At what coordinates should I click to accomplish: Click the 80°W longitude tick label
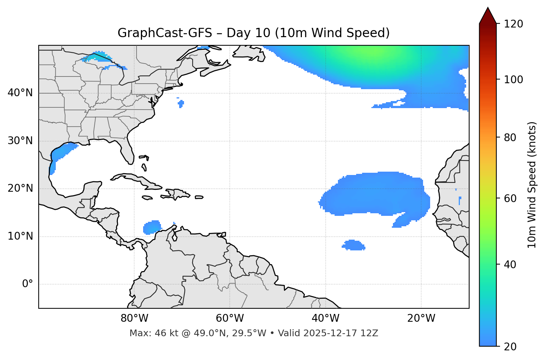point(134,318)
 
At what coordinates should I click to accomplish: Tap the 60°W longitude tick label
point(230,318)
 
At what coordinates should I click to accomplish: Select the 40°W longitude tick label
point(325,318)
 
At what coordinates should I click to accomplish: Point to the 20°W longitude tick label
point(421,318)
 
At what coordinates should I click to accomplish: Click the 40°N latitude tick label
point(20,93)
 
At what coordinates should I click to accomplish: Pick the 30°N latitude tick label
point(20,141)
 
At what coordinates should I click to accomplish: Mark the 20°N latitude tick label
point(20,189)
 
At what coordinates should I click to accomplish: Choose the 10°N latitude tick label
point(20,236)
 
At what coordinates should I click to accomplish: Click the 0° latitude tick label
point(27,284)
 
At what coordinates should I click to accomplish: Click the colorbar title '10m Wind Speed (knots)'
point(532,185)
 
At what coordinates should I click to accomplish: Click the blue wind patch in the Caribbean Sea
point(152,227)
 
